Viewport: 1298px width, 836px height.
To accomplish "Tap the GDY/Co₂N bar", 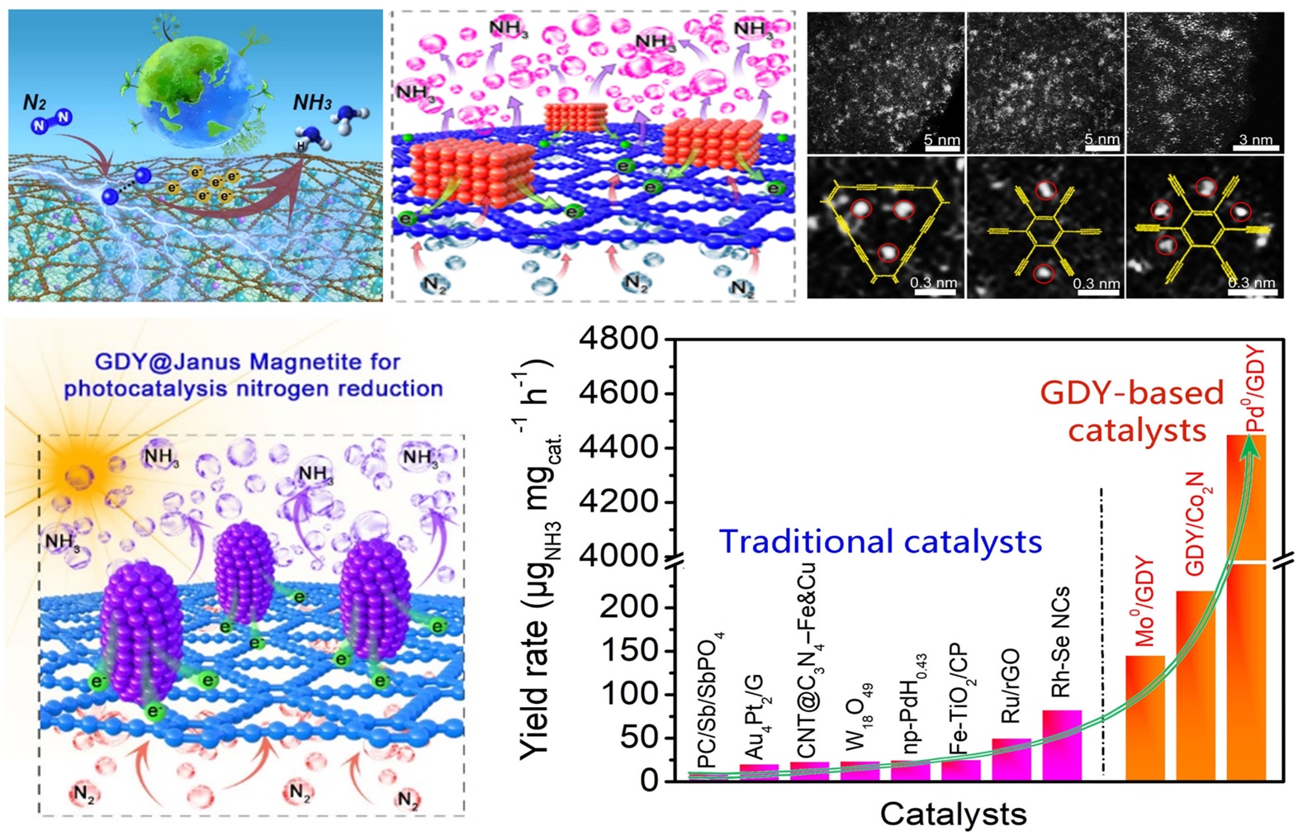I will (x=1196, y=686).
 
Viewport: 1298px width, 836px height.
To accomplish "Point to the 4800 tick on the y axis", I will (x=630, y=339).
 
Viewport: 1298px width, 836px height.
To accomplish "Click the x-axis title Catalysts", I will (x=953, y=814).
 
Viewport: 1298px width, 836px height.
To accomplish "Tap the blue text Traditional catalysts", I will (x=880, y=542).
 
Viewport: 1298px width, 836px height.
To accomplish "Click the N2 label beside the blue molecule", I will (x=34, y=102).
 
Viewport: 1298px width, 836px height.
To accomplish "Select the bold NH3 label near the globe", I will (x=312, y=103).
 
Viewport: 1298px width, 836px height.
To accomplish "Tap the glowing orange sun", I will (x=78, y=477).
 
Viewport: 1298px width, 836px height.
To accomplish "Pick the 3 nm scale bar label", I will (x=1256, y=140).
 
